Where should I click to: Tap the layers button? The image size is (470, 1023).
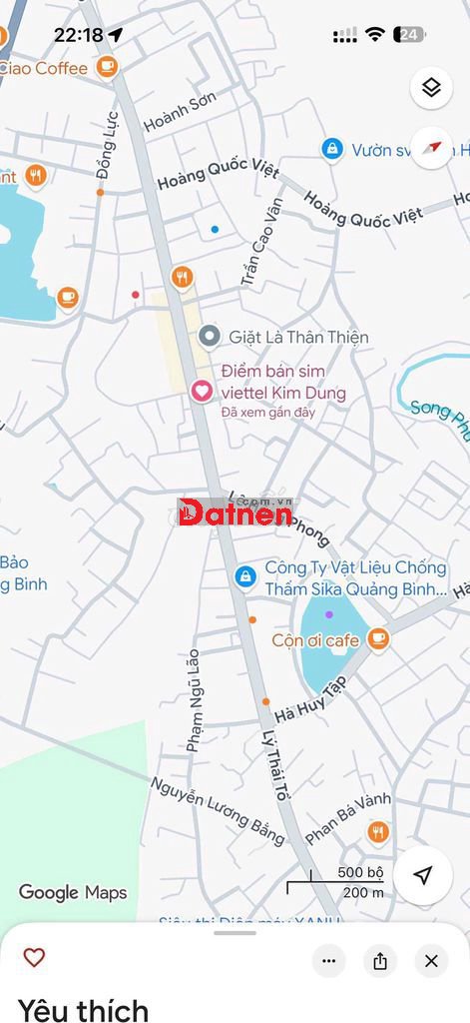[x=431, y=88]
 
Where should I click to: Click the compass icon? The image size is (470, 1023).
[x=431, y=148]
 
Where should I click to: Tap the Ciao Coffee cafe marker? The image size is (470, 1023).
[x=107, y=67]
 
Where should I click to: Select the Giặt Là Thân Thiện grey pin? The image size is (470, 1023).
[x=209, y=336]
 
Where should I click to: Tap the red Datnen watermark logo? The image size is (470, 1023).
[x=235, y=512]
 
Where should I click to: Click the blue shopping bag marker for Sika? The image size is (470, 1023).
[x=244, y=576]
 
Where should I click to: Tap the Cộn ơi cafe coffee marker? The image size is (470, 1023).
[x=377, y=638]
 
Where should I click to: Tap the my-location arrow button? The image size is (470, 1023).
[x=423, y=876]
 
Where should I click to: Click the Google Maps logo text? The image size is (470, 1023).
[x=73, y=892]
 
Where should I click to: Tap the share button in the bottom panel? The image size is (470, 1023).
[x=380, y=961]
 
